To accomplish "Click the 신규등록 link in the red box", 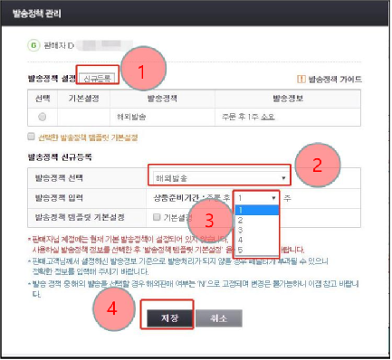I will click(x=97, y=80).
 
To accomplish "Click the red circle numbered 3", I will click(x=210, y=220).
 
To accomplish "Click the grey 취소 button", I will click(x=218, y=317).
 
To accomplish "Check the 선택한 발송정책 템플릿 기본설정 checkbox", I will click(x=32, y=137).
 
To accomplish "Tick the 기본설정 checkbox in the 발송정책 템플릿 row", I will click(x=158, y=217).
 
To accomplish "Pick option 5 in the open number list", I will click(x=239, y=251).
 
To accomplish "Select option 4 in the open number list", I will click(x=239, y=241).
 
